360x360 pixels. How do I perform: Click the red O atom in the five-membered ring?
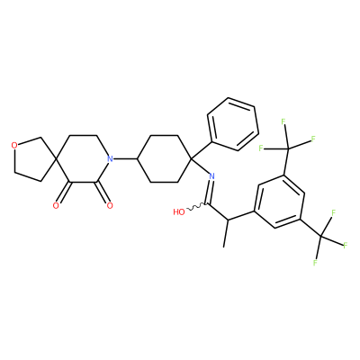click(x=13, y=146)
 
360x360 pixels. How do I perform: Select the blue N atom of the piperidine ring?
click(x=110, y=158)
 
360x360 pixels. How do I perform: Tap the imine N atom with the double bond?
click(x=211, y=176)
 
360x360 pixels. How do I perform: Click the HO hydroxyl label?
click(x=179, y=212)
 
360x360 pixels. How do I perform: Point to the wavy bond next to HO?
click(x=196, y=207)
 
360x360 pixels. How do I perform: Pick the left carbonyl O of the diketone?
click(x=56, y=205)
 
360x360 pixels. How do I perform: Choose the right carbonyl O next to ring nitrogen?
click(x=110, y=205)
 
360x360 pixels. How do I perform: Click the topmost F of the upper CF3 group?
click(x=283, y=121)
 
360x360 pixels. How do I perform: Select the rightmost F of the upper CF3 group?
click(x=313, y=139)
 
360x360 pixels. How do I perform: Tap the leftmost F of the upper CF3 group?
click(x=261, y=148)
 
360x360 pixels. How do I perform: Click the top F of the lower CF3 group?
click(x=333, y=212)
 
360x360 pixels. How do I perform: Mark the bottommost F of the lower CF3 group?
click(x=315, y=263)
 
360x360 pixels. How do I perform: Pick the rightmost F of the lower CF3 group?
click(x=346, y=246)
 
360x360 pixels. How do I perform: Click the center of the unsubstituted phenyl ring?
click(x=232, y=124)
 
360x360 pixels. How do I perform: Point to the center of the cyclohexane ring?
click(x=164, y=158)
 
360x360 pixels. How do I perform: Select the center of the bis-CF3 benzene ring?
click(x=280, y=202)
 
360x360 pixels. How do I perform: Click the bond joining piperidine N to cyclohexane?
click(x=125, y=158)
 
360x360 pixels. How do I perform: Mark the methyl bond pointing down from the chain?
click(x=226, y=234)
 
